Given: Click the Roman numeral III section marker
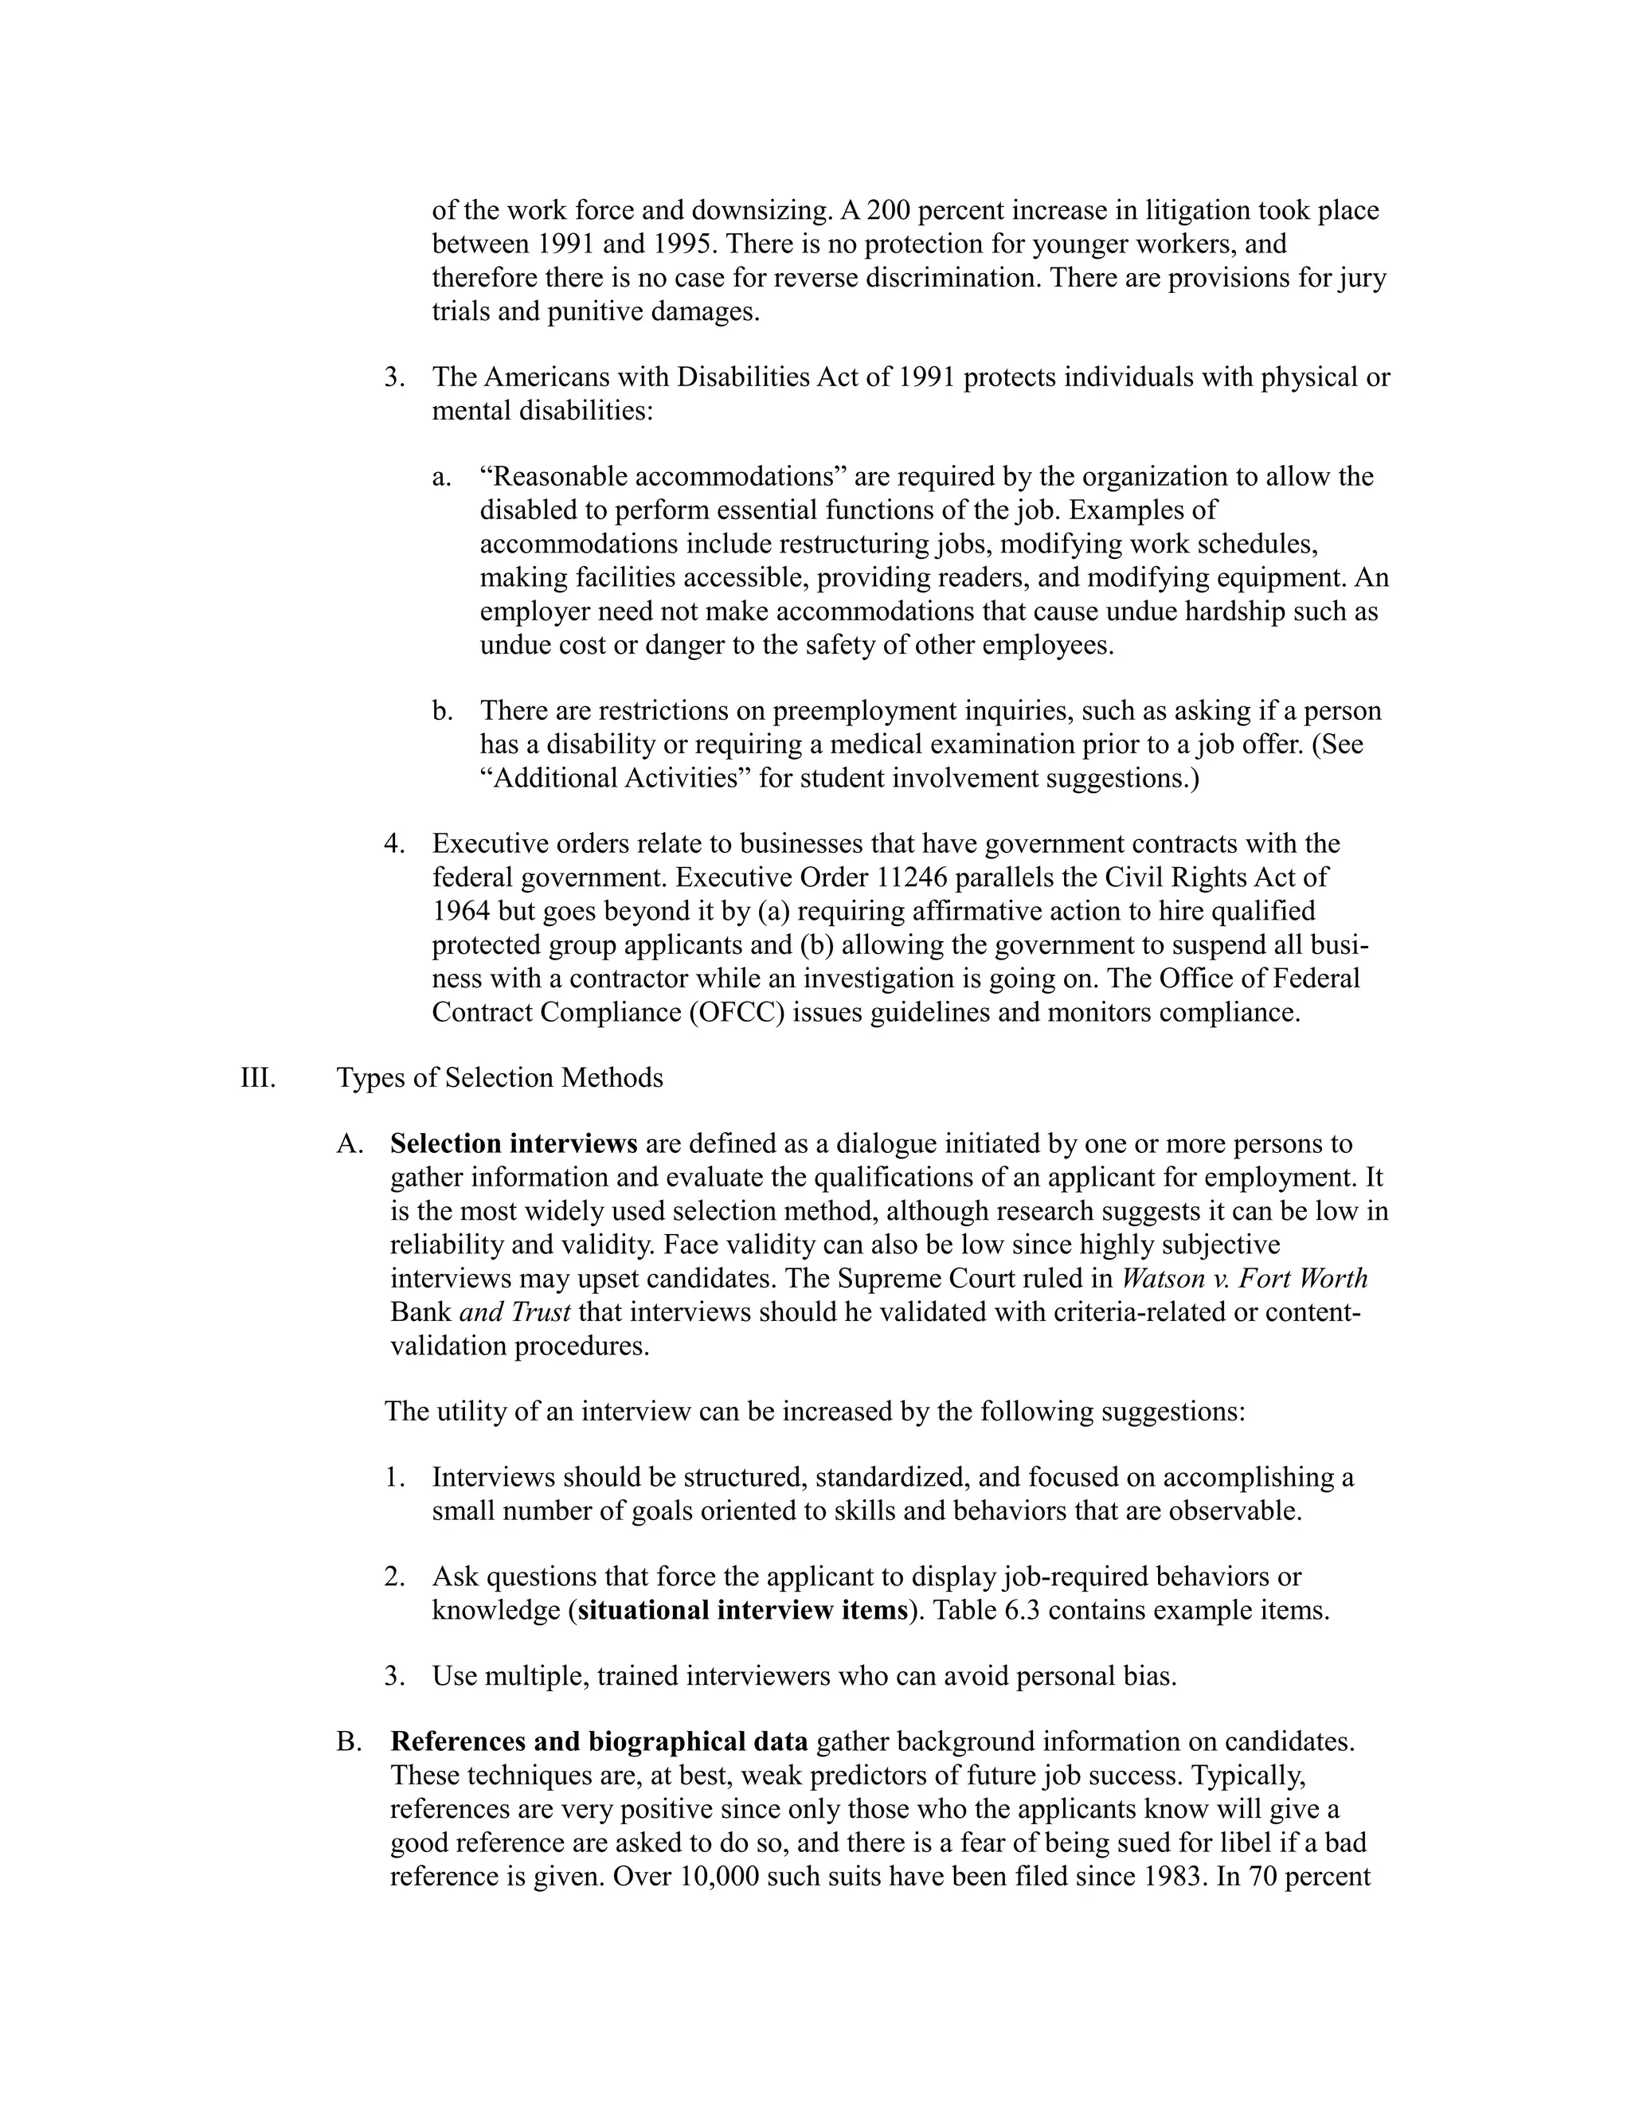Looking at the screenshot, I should tap(257, 1078).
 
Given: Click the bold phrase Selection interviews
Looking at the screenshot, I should tap(513, 1144).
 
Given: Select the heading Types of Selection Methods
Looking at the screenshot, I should tap(499, 1078).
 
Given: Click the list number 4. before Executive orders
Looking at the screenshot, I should tap(393, 844).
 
